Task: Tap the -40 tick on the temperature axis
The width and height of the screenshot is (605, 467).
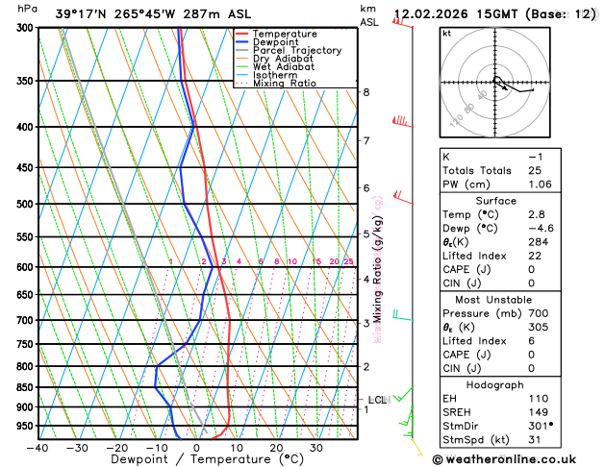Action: tap(38, 447)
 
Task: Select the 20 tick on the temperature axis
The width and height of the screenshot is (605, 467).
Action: tap(276, 447)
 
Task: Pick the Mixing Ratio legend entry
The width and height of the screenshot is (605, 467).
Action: tap(285, 84)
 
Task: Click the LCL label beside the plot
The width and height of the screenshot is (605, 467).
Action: tap(377, 400)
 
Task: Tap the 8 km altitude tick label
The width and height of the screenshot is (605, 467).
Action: tap(366, 92)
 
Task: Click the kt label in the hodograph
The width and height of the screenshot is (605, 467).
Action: tap(446, 33)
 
